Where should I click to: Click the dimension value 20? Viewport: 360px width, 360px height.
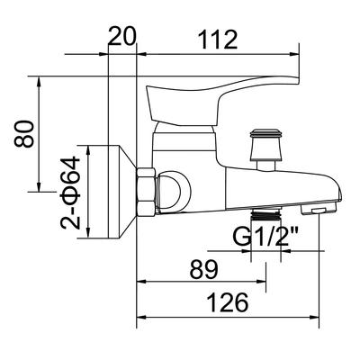pyautogui.click(x=121, y=36)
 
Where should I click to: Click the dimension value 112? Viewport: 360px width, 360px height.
pyautogui.click(x=218, y=40)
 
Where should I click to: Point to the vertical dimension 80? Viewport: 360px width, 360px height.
pyautogui.click(x=24, y=134)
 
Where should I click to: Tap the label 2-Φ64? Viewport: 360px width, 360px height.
pyautogui.click(x=70, y=193)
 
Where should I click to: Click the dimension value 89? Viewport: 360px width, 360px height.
pyautogui.click(x=203, y=269)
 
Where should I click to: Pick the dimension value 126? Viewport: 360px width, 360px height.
pyautogui.click(x=229, y=302)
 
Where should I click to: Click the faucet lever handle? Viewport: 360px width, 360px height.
pyautogui.click(x=222, y=100)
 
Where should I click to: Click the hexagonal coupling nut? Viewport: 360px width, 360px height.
pyautogui.click(x=146, y=192)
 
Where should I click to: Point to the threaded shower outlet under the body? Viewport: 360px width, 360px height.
pyautogui.click(x=265, y=213)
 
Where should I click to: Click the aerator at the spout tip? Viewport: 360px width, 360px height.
pyautogui.click(x=319, y=208)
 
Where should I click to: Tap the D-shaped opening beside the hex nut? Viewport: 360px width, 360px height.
pyautogui.click(x=174, y=190)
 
